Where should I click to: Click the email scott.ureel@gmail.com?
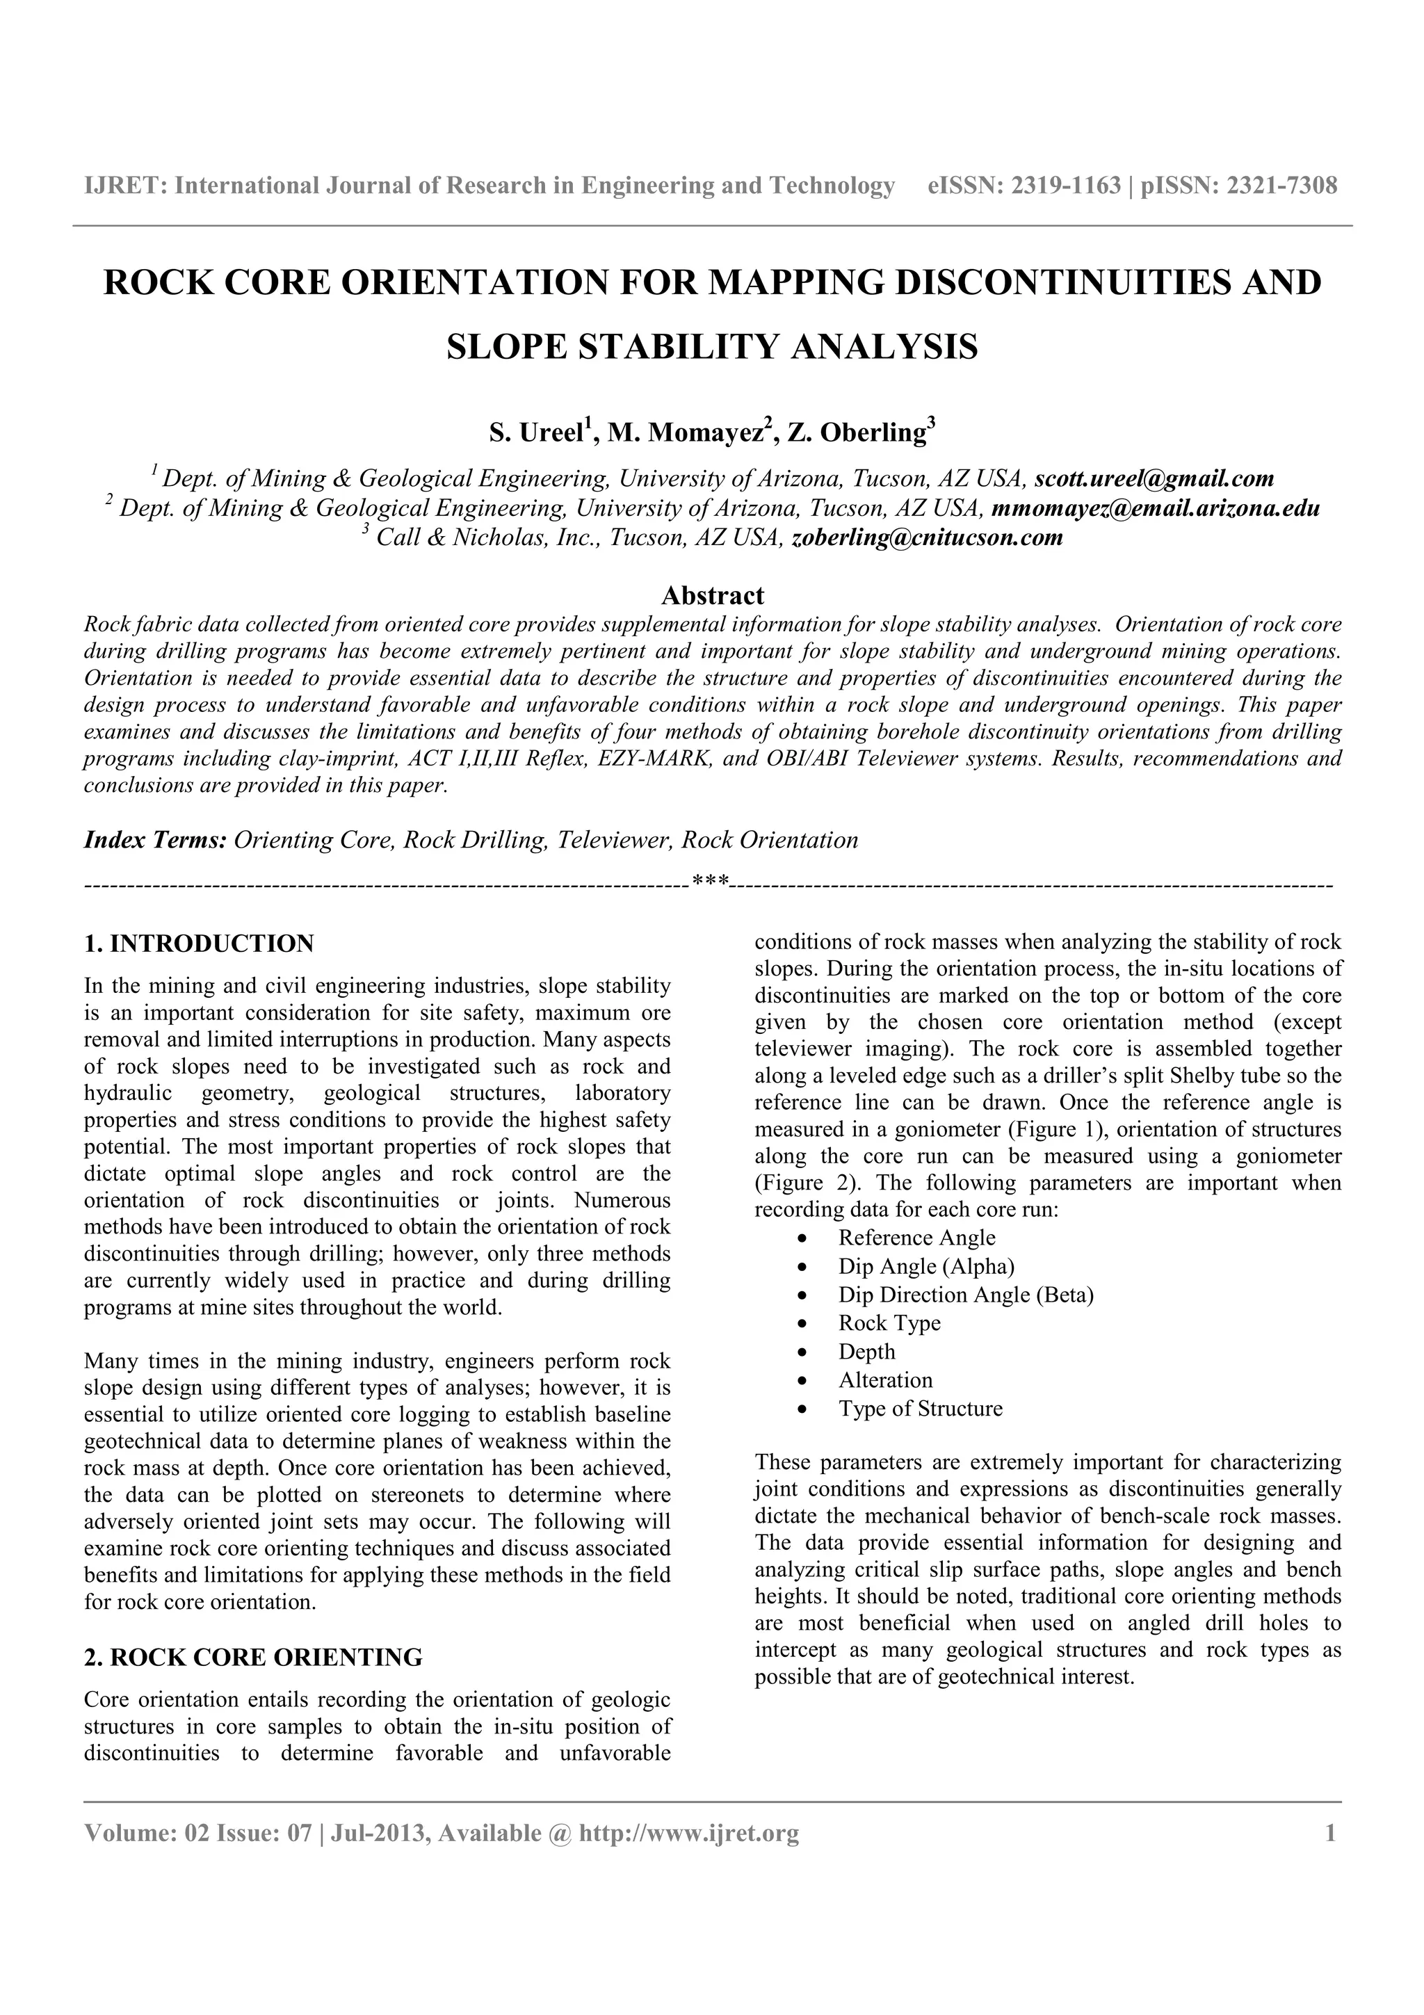point(1154,479)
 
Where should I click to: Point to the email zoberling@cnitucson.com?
point(927,538)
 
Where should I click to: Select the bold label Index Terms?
point(155,840)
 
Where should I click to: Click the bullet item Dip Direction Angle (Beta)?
point(965,1295)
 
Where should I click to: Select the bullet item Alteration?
point(885,1379)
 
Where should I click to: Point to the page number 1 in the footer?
point(1330,1834)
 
